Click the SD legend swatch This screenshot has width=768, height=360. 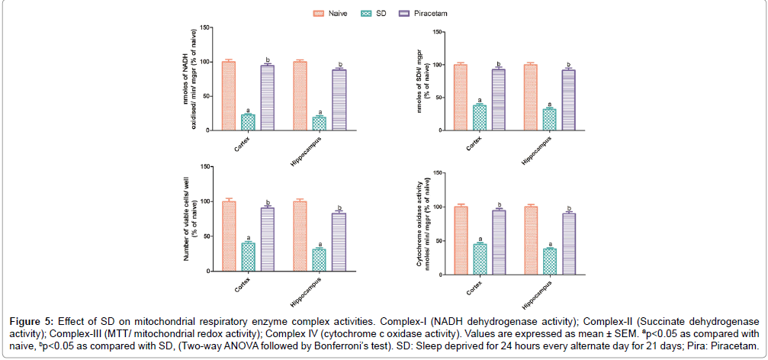(x=364, y=13)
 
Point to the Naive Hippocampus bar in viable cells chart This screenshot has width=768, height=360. (x=300, y=236)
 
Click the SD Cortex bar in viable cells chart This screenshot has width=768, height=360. (x=248, y=257)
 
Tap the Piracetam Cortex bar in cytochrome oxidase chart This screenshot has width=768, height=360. (x=499, y=241)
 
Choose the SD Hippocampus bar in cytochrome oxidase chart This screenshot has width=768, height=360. (x=549, y=260)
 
